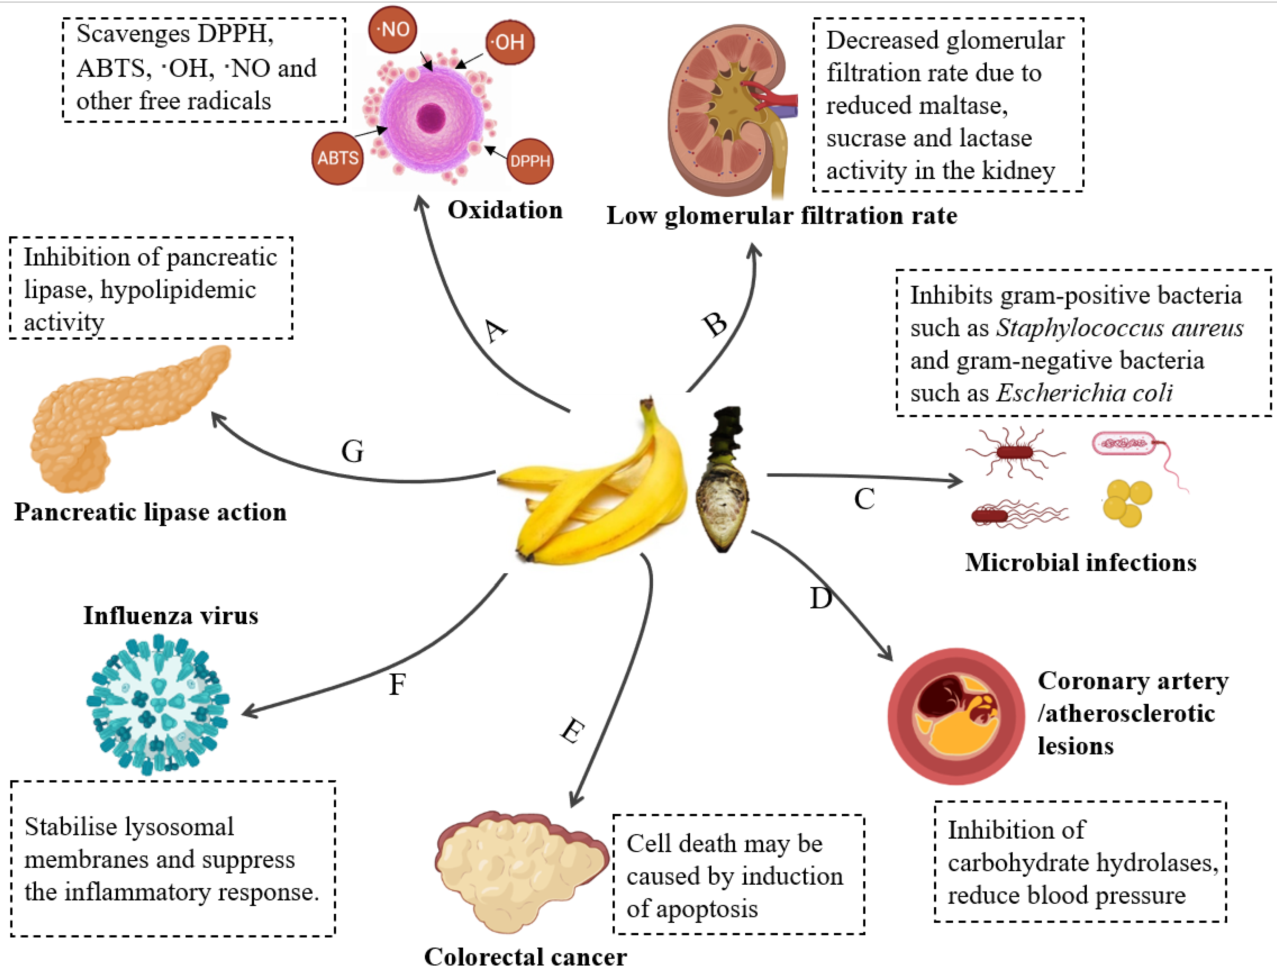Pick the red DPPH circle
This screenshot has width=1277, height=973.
[530, 161]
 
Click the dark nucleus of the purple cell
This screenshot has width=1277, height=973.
[431, 118]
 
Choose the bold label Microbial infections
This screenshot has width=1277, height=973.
[1081, 562]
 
